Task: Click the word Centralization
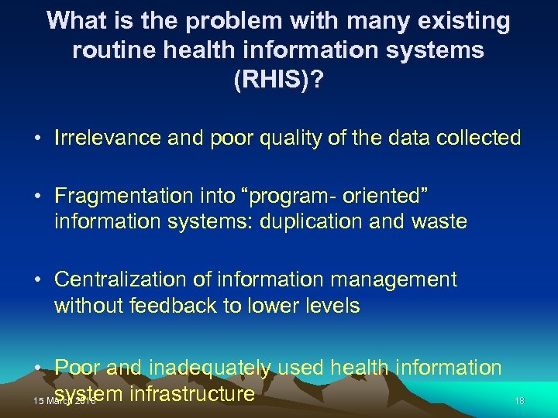pos(114,279)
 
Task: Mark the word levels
pos(330,305)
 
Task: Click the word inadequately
pos(208,368)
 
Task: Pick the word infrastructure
pos(192,394)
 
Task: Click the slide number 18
pos(520,400)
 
